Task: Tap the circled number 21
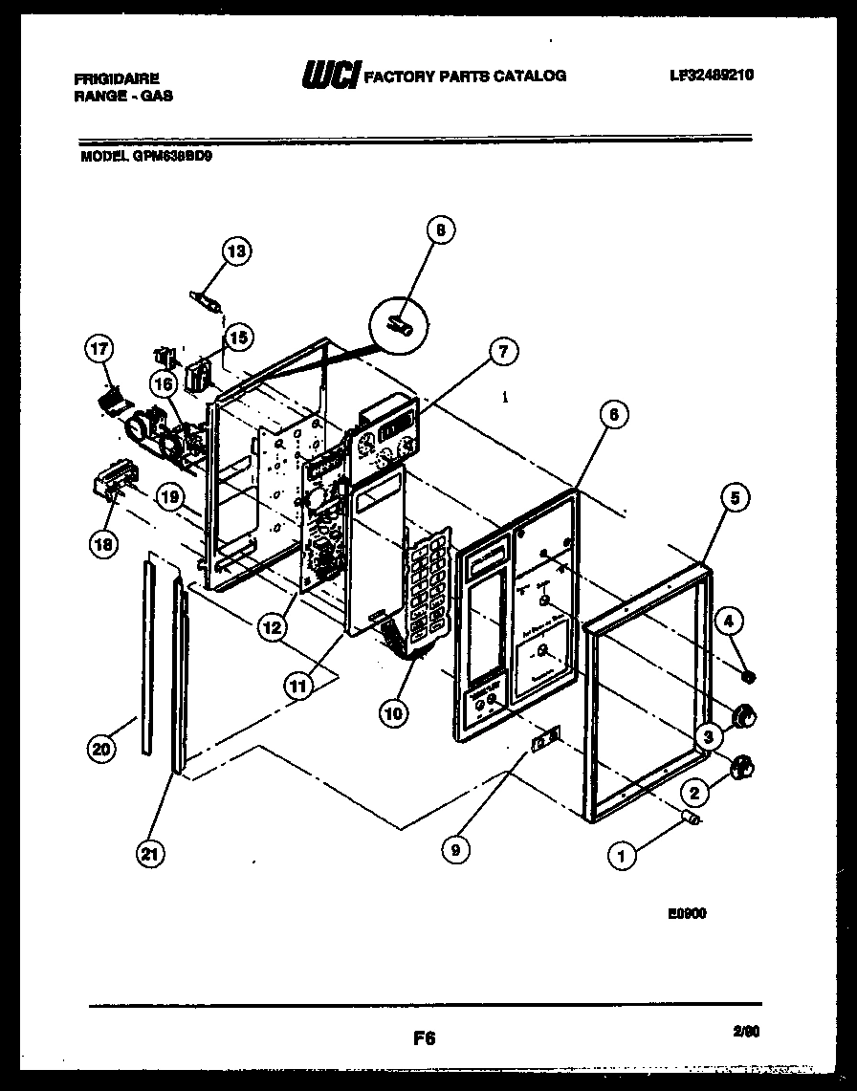147,855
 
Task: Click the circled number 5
734,496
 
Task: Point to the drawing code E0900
687,913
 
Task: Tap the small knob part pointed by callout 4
749,677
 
